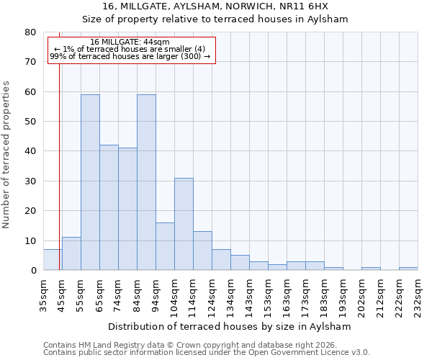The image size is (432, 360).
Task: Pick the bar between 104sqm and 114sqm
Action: click(184, 224)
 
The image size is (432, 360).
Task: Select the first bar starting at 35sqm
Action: click(53, 260)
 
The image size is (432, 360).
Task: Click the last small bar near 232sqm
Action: click(408, 269)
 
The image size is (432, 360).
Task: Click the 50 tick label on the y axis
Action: click(30, 122)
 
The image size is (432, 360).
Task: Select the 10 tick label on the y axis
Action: click(30, 241)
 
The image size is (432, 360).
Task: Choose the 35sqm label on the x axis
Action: click(43, 294)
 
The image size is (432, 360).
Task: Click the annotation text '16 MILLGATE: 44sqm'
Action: click(130, 42)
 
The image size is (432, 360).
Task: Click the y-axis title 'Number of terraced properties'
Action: click(6, 154)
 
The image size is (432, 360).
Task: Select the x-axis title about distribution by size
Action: click(230, 326)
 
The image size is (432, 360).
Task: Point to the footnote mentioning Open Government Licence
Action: click(207, 353)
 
